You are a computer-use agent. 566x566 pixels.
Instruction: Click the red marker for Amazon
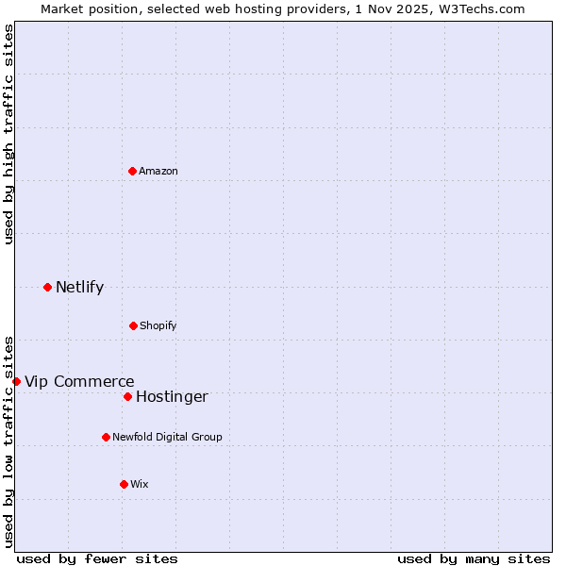(132, 171)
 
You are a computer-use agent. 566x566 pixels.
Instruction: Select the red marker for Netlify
(47, 287)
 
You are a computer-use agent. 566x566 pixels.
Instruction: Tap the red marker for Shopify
(133, 325)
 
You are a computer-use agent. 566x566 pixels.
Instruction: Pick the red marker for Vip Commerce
(16, 381)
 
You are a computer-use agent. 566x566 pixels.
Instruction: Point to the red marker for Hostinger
(127, 396)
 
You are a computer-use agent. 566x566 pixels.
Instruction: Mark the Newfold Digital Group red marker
(106, 437)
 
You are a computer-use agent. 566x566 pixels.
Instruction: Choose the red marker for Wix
(124, 484)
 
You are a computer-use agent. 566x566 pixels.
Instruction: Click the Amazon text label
(158, 171)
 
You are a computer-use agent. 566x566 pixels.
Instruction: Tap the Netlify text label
(79, 287)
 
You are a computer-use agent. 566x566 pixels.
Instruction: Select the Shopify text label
(158, 325)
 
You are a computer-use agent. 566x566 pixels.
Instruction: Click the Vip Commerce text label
(79, 381)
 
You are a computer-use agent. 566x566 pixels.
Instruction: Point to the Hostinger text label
(172, 396)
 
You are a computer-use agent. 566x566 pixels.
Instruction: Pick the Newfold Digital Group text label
(167, 437)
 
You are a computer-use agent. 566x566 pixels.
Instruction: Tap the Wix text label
(140, 484)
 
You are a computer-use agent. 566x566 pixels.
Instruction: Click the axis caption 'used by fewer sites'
(97, 558)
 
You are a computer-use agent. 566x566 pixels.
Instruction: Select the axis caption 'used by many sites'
(474, 558)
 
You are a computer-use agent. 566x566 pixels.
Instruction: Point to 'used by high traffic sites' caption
(8, 134)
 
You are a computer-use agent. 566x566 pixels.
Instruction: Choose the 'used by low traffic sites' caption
(8, 441)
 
